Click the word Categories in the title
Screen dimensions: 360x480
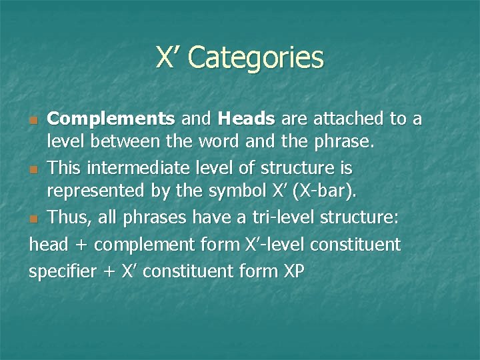[x=256, y=57]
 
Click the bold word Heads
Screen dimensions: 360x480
[x=246, y=119]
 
